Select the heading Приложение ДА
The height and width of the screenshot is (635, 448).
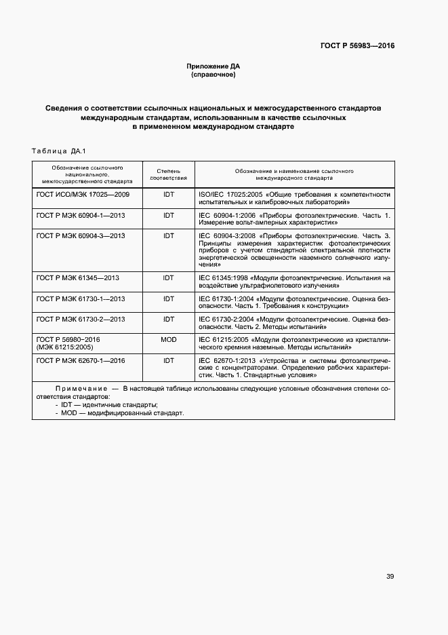[213, 66]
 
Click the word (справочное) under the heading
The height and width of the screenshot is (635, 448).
[213, 75]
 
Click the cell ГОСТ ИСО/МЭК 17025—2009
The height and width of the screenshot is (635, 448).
[83, 194]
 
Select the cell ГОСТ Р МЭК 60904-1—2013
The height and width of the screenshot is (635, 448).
[81, 215]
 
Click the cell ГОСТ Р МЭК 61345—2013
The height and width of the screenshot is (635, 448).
[78, 277]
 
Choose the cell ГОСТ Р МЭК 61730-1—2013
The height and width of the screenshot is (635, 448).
[81, 299]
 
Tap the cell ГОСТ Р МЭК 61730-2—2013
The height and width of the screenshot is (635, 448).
[81, 319]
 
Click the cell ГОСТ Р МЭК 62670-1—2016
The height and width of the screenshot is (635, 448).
[81, 360]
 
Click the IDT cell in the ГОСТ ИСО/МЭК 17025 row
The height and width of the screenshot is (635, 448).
[168, 194]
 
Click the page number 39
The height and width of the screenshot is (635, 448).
[390, 577]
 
